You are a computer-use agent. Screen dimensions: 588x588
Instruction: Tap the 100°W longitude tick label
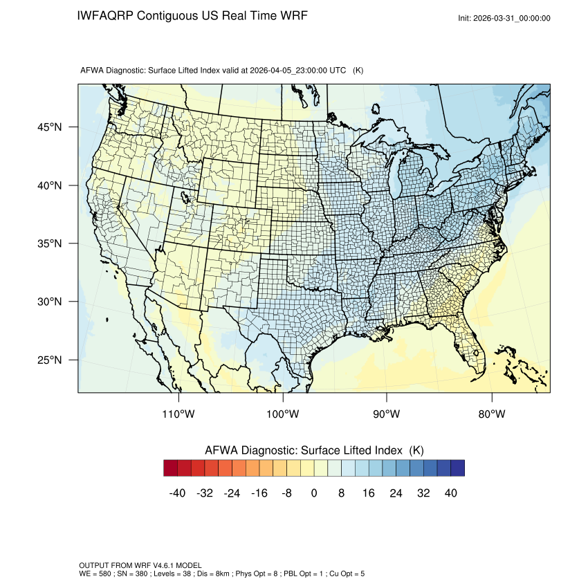pyautogui.click(x=283, y=414)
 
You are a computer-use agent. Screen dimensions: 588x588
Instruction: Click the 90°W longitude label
pyautogui.click(x=387, y=414)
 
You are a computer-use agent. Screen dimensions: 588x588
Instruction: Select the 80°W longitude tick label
pyautogui.click(x=491, y=414)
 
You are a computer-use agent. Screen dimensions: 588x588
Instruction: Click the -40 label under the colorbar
pyautogui.click(x=176, y=493)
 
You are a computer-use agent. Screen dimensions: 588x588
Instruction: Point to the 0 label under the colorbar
pyautogui.click(x=314, y=493)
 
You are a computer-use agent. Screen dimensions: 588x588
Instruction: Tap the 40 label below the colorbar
pyautogui.click(x=450, y=493)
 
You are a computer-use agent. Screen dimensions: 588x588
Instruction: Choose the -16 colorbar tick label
pyautogui.click(x=259, y=493)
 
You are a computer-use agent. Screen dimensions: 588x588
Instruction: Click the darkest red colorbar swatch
pyautogui.click(x=171, y=468)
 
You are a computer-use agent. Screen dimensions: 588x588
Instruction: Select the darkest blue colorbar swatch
pyautogui.click(x=457, y=468)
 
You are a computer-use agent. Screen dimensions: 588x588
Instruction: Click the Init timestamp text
pyautogui.click(x=504, y=19)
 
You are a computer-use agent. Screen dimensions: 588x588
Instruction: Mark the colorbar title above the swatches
pyautogui.click(x=314, y=450)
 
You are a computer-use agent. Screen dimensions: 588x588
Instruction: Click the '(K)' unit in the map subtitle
pyautogui.click(x=358, y=71)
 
